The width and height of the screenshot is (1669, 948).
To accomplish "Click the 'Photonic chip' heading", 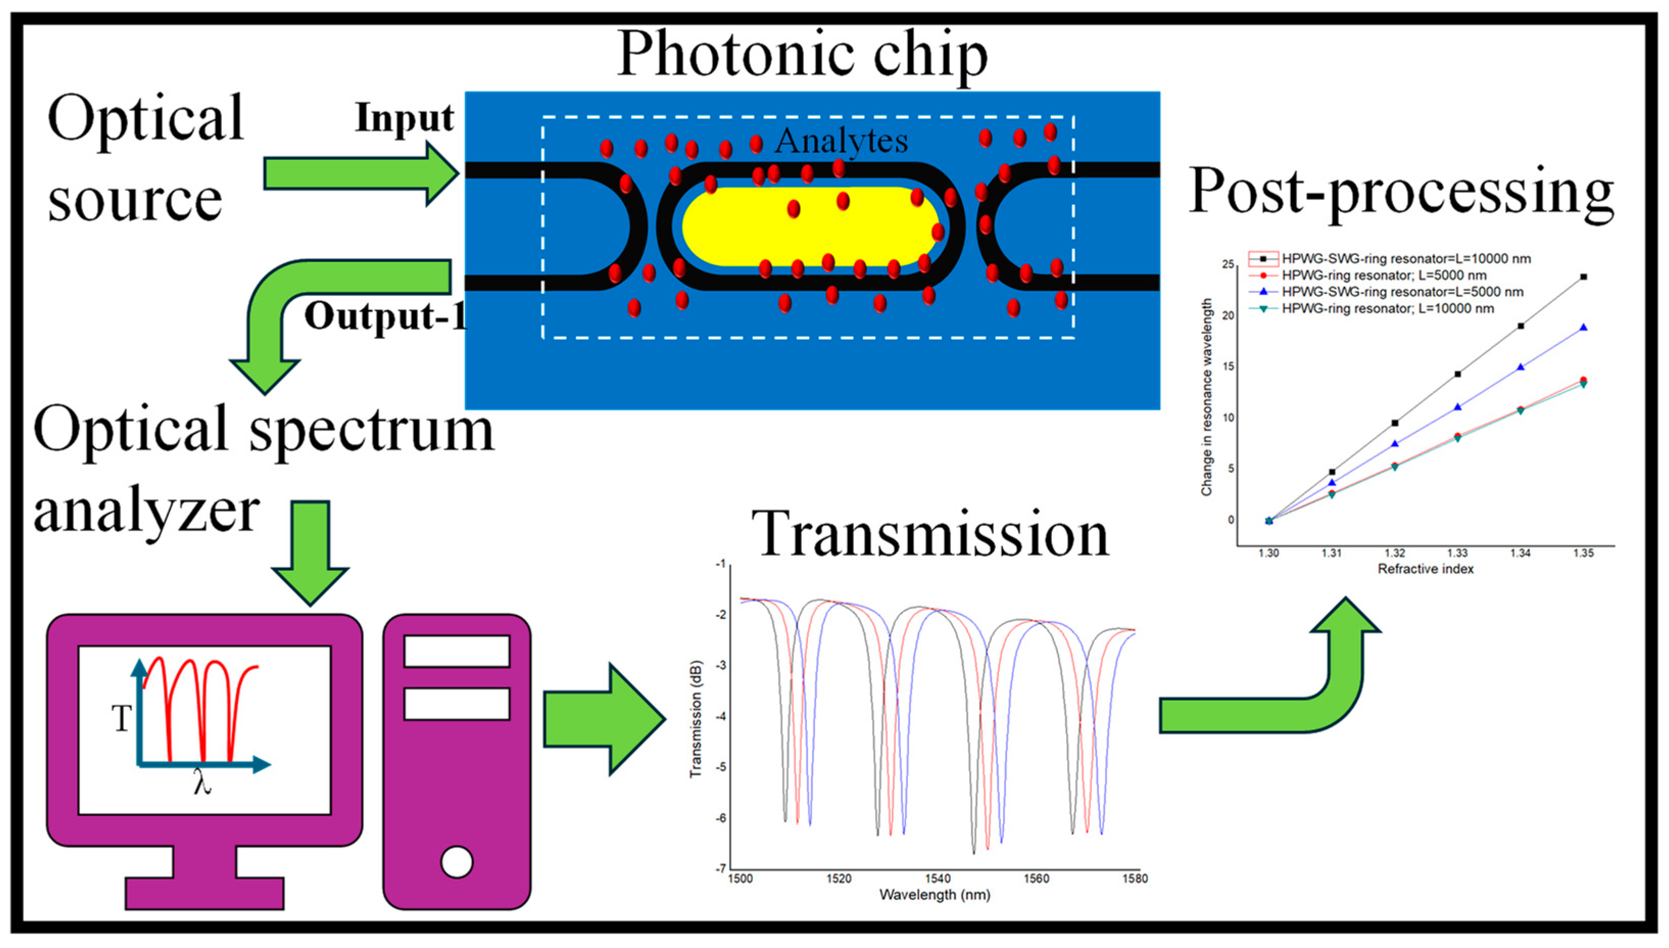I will click(x=802, y=55).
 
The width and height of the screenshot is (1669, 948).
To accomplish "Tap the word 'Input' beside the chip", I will click(x=404, y=118).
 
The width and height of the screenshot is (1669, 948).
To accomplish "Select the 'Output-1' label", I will click(x=385, y=317).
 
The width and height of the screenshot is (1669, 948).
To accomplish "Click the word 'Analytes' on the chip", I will click(x=841, y=141).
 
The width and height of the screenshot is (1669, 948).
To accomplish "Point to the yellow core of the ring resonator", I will click(x=807, y=227).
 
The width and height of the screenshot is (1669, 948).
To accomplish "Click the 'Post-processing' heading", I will click(x=1401, y=192).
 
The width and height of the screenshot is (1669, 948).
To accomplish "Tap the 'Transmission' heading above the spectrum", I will click(x=930, y=534).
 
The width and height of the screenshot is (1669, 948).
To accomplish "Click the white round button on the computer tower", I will click(x=456, y=862).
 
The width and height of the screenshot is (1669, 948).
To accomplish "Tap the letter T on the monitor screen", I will click(x=122, y=719).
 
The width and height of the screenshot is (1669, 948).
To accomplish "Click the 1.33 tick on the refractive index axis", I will click(x=1457, y=553).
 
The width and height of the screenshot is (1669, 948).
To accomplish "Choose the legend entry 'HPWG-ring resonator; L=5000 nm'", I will click(x=1384, y=276).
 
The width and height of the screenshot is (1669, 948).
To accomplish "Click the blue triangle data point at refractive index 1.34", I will click(x=1520, y=367).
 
